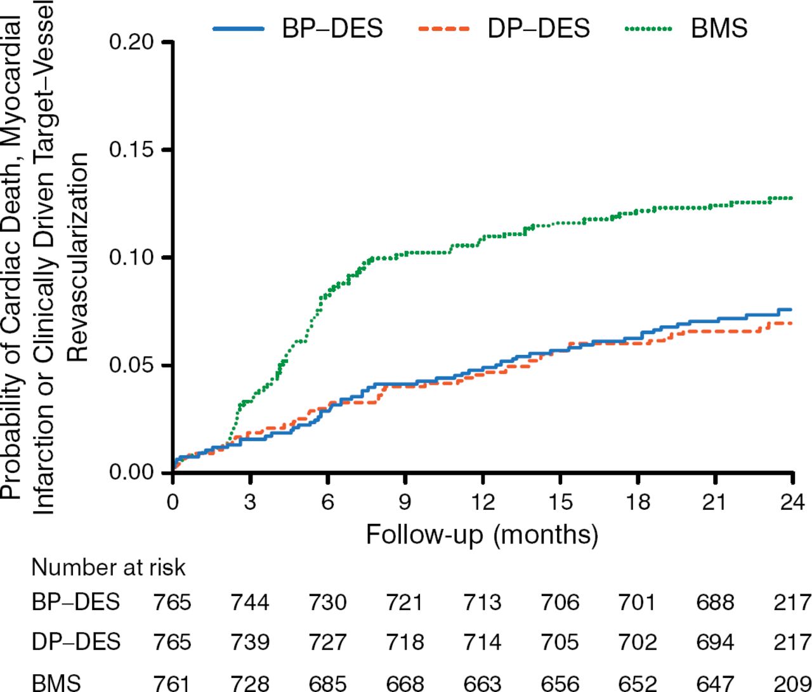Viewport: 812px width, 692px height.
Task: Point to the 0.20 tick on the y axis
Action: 131,43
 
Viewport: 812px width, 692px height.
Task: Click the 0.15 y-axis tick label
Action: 131,150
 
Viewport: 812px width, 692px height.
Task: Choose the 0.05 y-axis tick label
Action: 131,366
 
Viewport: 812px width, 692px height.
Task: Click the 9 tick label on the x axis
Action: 405,502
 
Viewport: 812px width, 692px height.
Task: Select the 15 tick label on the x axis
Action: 560,502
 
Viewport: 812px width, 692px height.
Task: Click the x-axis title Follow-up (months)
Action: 482,535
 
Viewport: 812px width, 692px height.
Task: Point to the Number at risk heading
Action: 108,567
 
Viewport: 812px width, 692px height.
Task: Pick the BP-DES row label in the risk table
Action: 75,601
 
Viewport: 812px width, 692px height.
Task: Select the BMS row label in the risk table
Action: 56,683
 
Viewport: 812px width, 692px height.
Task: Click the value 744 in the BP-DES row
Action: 250,601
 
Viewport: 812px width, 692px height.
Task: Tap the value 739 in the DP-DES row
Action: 250,642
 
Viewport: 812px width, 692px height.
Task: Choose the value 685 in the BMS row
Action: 327,683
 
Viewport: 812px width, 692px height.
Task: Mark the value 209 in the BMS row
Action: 792,683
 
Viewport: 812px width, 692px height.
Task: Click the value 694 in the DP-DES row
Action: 715,642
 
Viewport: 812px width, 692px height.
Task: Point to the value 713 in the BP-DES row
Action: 482,601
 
